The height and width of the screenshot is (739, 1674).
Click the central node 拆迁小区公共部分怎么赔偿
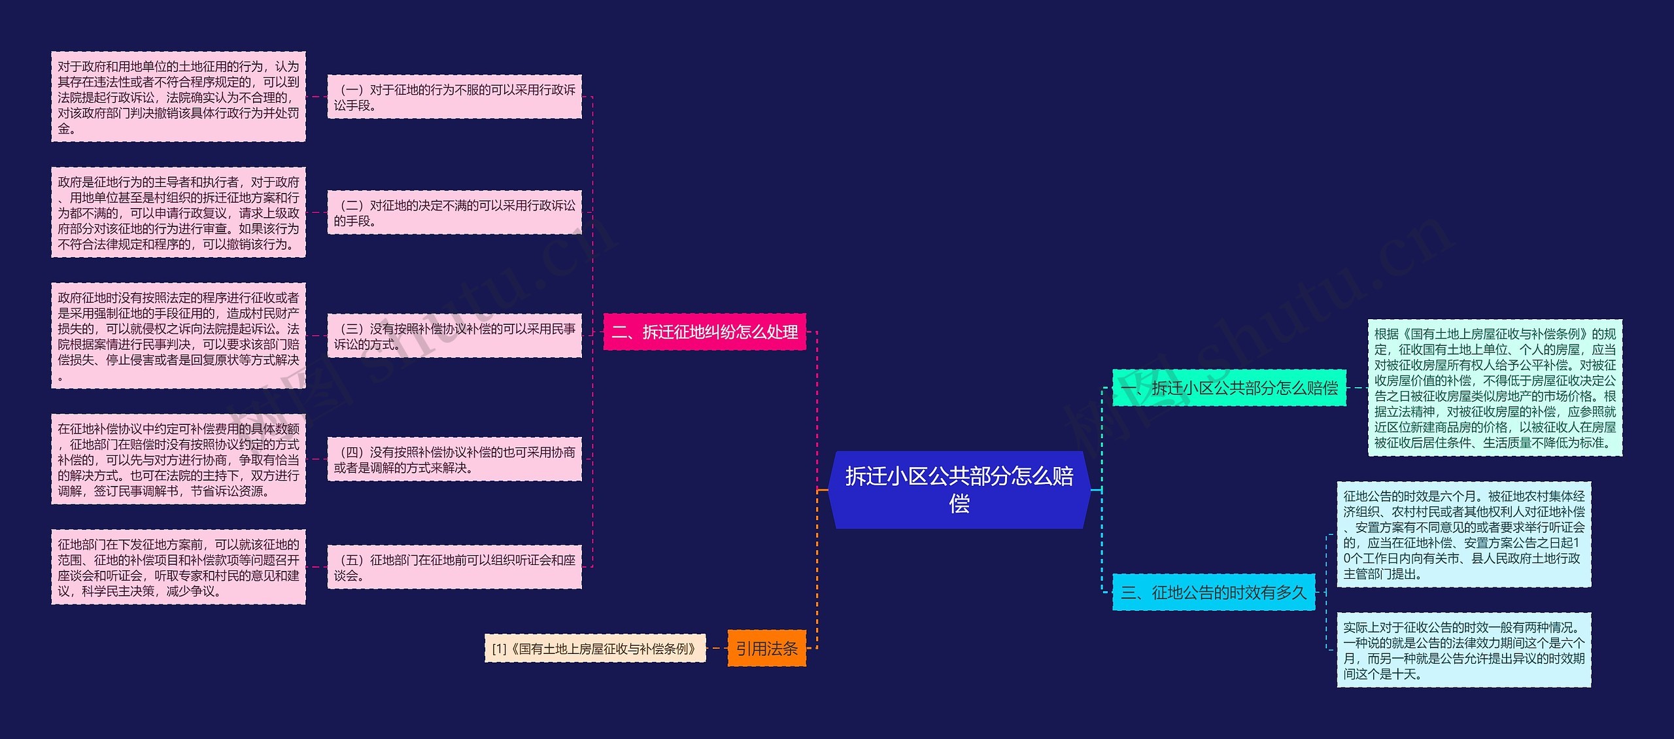(959, 489)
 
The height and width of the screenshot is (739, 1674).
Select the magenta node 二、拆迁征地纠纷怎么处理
(704, 332)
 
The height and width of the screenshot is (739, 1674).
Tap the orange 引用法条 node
(766, 648)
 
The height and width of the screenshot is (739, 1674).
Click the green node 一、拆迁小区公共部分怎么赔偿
(1229, 388)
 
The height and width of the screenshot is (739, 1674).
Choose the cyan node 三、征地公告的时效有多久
(1213, 593)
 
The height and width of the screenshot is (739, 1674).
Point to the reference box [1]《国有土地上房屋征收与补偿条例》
(594, 648)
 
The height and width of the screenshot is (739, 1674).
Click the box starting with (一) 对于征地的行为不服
(454, 97)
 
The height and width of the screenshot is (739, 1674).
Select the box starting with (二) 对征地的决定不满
(454, 213)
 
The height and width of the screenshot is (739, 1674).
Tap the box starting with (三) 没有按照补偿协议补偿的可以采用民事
(454, 336)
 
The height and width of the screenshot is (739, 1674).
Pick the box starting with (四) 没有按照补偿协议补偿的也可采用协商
(454, 459)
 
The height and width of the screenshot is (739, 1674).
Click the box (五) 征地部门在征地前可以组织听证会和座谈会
(454, 567)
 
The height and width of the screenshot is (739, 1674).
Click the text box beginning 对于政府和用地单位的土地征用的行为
(178, 97)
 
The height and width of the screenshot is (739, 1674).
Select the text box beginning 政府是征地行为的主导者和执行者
(178, 213)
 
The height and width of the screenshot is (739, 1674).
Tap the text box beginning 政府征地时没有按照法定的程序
(178, 336)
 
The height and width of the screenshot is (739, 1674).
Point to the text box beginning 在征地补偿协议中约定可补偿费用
(178, 459)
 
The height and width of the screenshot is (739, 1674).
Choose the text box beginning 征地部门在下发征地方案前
(178, 567)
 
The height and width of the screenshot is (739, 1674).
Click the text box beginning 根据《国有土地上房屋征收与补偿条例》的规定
(1495, 388)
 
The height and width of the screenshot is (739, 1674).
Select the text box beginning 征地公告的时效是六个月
(1463, 535)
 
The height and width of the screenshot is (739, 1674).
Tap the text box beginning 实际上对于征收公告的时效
(1463, 650)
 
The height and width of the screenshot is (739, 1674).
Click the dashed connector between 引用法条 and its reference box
(717, 648)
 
